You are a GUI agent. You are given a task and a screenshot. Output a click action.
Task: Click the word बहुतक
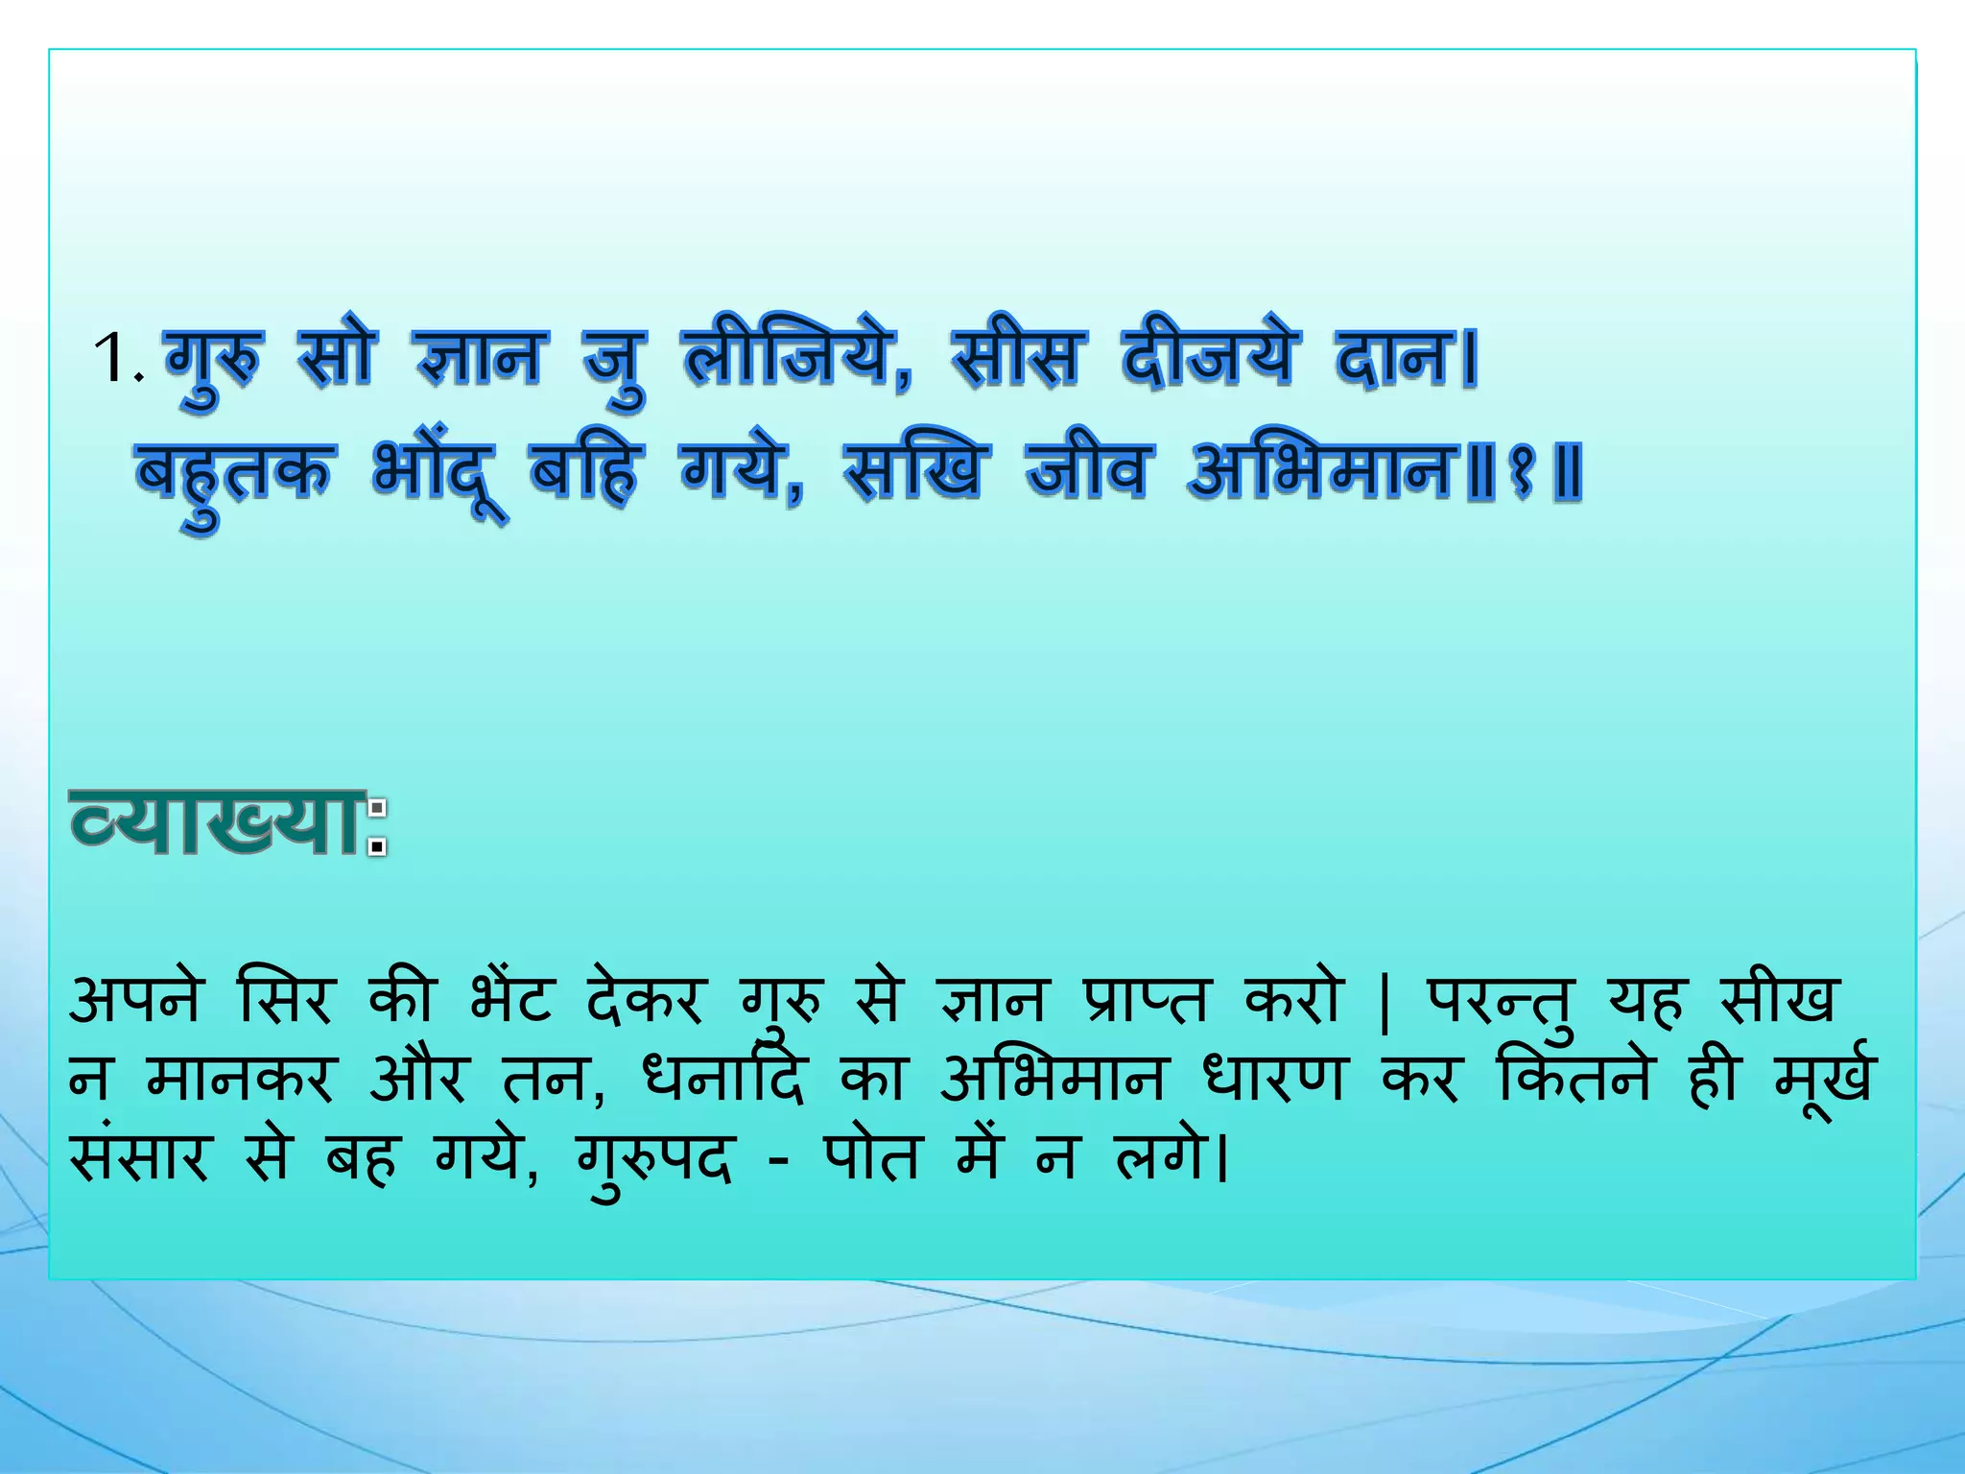234,473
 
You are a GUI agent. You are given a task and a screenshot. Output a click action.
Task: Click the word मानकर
240,1080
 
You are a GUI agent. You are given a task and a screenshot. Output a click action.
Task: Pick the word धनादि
724,1080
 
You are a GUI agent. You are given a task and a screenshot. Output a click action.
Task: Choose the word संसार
139,1158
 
